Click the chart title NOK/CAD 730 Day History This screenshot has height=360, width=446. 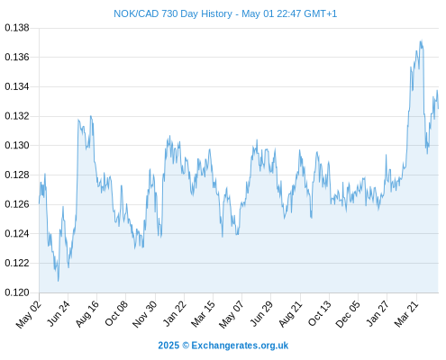point(173,13)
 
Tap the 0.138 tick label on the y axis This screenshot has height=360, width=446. point(17,28)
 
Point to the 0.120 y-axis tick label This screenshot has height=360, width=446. point(17,292)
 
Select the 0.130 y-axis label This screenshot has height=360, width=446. point(17,146)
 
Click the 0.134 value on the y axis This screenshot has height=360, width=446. point(17,86)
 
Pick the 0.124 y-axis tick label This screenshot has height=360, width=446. point(17,234)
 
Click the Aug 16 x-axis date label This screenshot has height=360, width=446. point(86,314)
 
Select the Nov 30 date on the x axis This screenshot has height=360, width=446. point(145,314)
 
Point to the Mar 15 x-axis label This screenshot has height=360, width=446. point(203,314)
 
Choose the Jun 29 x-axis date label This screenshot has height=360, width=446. point(261,314)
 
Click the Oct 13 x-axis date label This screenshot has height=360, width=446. point(320,314)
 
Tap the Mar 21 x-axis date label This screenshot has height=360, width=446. point(406,314)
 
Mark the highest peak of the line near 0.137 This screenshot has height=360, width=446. point(422,40)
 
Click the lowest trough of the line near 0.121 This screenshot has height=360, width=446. point(58,281)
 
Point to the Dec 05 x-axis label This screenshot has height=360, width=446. point(348,314)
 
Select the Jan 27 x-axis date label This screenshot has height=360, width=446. point(378,314)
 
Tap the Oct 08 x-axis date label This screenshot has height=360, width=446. point(116,314)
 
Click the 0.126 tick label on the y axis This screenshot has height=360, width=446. point(17,204)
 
